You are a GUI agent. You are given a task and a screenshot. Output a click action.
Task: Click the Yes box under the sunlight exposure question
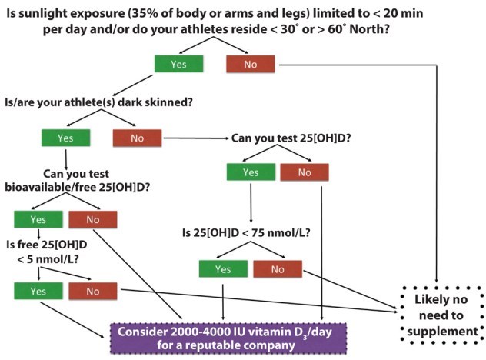(x=178, y=64)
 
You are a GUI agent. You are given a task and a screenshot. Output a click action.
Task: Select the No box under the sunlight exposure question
(x=250, y=64)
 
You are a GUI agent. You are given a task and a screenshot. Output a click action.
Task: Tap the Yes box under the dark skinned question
(x=65, y=138)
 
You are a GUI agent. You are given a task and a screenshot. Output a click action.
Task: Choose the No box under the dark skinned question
(x=136, y=138)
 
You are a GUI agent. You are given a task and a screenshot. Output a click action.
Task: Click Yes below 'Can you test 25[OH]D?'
(x=251, y=172)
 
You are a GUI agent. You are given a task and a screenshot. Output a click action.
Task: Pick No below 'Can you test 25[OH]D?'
(x=305, y=172)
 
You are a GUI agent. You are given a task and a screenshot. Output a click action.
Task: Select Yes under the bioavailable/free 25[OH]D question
(x=38, y=219)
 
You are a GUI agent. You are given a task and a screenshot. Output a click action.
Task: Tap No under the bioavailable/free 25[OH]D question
(x=93, y=219)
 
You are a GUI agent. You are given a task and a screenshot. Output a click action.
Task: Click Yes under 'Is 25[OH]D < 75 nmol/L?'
(x=223, y=268)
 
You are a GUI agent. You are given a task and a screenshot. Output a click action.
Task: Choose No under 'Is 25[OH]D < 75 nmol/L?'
(x=277, y=268)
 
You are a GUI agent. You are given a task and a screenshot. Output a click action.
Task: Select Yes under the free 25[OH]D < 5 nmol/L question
(x=38, y=292)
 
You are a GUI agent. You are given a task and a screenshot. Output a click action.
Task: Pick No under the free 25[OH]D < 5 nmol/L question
(x=93, y=292)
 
